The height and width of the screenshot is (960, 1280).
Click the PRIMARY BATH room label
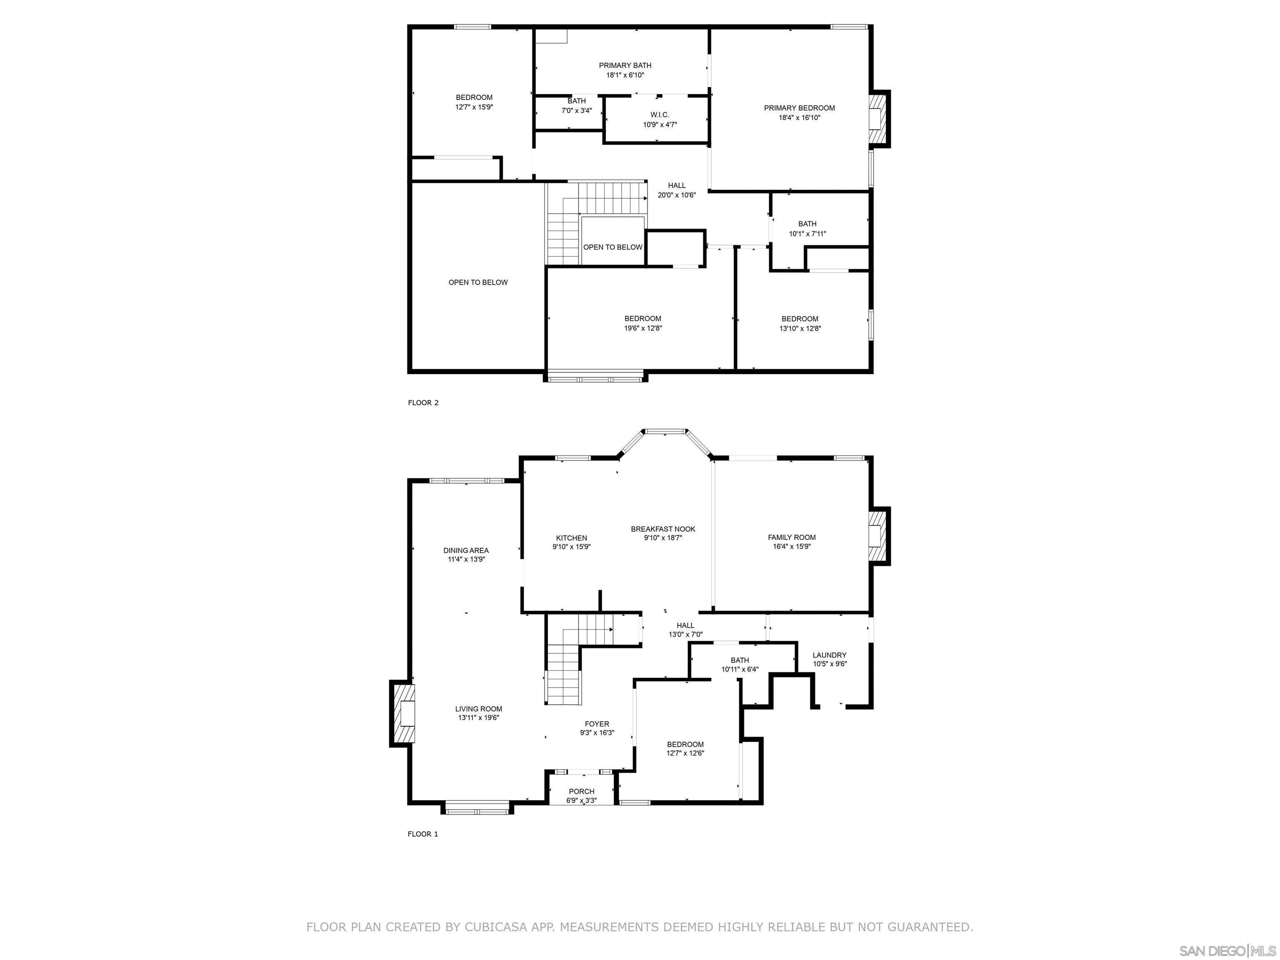(625, 65)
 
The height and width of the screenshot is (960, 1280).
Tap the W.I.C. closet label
(660, 115)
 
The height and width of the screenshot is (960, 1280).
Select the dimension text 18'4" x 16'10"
(799, 118)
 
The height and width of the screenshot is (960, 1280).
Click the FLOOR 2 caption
(423, 403)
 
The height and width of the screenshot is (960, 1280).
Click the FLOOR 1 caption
(423, 834)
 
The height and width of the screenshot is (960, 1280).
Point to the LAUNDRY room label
(829, 655)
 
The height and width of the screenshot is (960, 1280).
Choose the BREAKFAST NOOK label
(663, 529)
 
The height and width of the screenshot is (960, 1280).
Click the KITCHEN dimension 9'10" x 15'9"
(571, 547)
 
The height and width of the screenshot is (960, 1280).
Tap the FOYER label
(597, 724)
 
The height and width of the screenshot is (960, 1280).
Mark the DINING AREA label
(466, 550)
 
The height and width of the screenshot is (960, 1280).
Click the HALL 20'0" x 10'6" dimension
(676, 195)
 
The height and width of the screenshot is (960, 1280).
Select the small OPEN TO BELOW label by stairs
(613, 247)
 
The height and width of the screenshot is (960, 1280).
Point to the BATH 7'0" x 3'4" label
(576, 101)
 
